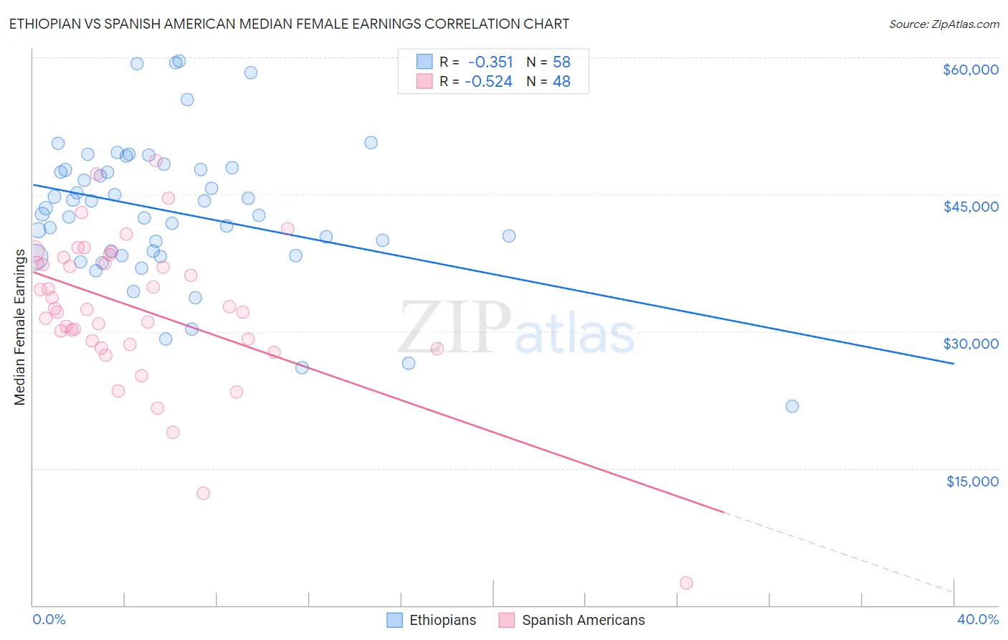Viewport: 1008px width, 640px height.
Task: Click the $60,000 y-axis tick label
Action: point(970,70)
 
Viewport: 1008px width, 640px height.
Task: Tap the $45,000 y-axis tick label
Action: point(970,207)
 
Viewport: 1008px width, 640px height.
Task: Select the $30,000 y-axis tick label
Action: point(970,344)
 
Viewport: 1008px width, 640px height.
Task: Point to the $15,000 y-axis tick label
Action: point(971,481)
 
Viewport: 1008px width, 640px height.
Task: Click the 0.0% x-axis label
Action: point(49,619)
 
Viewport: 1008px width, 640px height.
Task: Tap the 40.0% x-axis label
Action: point(977,619)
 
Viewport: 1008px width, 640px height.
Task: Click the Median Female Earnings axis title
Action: point(20,327)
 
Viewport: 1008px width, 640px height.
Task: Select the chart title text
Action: point(289,24)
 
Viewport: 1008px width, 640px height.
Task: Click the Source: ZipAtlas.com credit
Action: point(943,24)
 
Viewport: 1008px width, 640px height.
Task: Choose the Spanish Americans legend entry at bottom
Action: point(571,620)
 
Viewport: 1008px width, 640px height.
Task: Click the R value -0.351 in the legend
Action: point(490,62)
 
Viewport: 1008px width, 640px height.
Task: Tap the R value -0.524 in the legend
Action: point(488,82)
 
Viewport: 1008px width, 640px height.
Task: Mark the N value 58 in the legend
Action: point(561,62)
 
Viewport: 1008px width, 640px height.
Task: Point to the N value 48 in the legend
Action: point(561,82)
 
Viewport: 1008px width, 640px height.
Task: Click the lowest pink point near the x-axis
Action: point(686,583)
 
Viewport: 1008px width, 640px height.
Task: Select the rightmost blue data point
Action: point(792,406)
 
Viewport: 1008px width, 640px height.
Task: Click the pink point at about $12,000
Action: point(203,493)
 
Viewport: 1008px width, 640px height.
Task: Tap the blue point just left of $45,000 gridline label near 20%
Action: point(509,235)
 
